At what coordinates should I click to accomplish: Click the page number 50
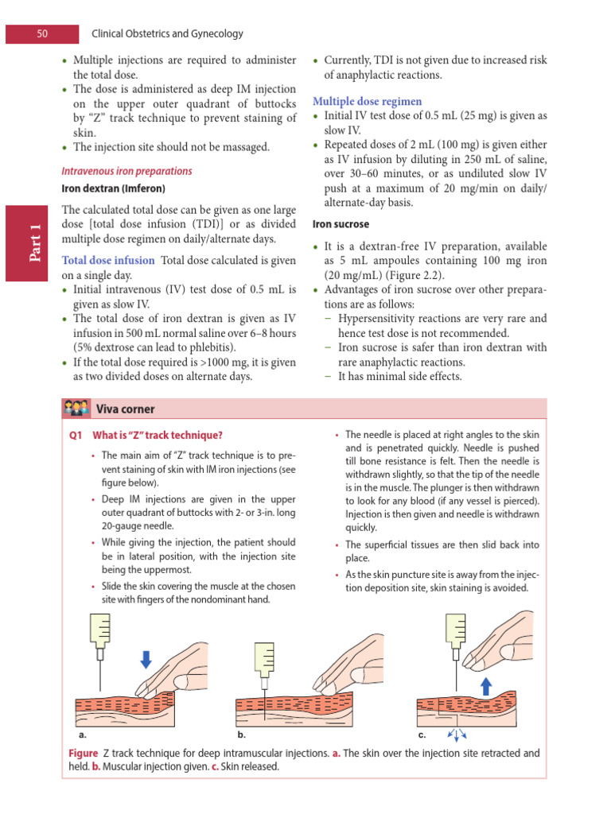tap(42, 34)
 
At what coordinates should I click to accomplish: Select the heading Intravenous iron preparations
tap(126, 171)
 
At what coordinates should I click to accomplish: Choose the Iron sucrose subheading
tap(341, 225)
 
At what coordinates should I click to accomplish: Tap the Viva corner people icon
tap(76, 409)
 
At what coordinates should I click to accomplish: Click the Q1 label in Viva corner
tap(77, 435)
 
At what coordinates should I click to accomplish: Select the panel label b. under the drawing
tap(242, 735)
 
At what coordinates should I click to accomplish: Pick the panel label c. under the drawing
tap(422, 735)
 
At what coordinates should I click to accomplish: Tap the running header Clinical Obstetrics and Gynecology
tap(168, 34)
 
